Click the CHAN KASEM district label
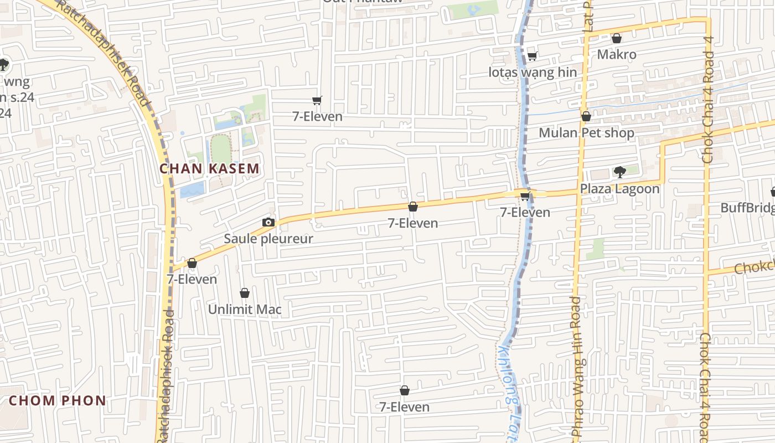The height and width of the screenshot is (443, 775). (209, 169)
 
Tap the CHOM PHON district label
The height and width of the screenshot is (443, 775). (58, 400)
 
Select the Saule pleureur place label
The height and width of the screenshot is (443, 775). (268, 239)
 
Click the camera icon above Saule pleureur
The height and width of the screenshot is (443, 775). (268, 223)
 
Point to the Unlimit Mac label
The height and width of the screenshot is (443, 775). (245, 310)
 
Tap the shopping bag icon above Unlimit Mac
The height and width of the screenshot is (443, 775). (245, 293)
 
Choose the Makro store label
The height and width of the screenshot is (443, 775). (617, 54)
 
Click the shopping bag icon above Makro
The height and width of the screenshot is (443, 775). (617, 38)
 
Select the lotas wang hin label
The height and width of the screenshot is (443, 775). (533, 73)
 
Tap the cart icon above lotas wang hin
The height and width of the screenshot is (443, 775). (533, 56)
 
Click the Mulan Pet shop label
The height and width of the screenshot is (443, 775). (586, 133)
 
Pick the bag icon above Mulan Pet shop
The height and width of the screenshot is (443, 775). (586, 116)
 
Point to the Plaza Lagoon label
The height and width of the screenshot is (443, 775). (619, 189)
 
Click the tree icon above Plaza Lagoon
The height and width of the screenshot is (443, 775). (619, 172)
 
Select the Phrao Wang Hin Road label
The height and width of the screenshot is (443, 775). (576, 368)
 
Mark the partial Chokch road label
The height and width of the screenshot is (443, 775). (754, 266)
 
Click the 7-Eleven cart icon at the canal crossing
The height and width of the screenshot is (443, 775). (525, 197)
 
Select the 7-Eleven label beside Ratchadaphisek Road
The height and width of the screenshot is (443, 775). (192, 279)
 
